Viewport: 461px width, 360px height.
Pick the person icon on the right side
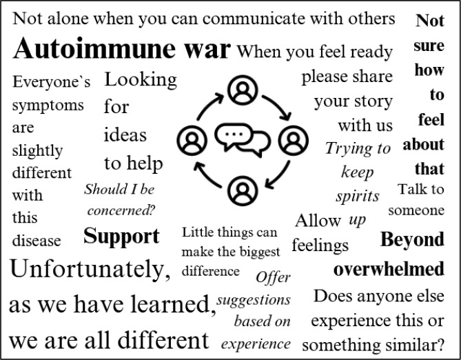[291, 141]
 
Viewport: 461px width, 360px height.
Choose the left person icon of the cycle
[192, 141]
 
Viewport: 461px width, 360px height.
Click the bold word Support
[121, 237]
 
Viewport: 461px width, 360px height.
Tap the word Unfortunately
[90, 269]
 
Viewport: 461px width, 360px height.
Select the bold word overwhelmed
[389, 269]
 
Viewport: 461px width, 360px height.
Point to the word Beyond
[412, 240]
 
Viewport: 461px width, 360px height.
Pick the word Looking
[141, 79]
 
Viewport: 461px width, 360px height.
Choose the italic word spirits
[358, 196]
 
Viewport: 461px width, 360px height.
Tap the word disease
[37, 241]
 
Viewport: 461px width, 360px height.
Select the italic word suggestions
[254, 301]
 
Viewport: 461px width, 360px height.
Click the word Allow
[318, 221]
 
